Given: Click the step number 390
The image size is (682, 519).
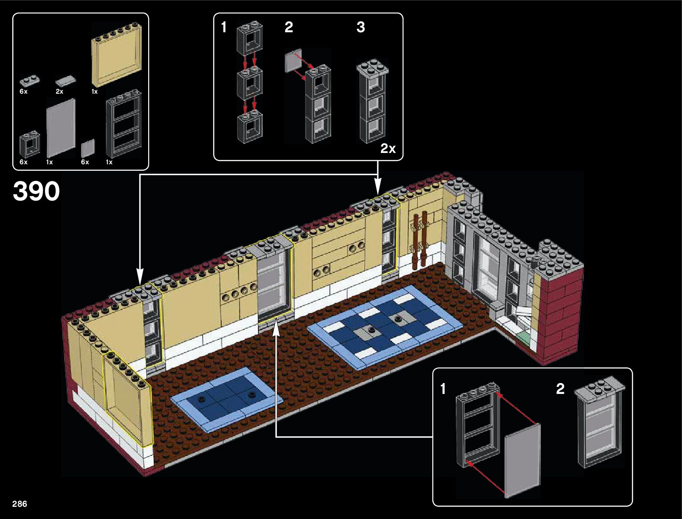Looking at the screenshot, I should tap(36, 191).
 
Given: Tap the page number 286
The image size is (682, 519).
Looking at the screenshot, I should tap(20, 504).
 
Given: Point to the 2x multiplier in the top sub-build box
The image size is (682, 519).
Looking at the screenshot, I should tap(387, 149).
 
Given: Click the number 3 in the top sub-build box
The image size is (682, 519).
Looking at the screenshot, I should tap(360, 27).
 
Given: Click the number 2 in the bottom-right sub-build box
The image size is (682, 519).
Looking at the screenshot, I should tap(560, 388).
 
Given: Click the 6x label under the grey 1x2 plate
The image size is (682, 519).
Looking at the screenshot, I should tap(24, 92).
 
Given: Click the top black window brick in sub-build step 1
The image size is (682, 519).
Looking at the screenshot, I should tap(250, 40).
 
